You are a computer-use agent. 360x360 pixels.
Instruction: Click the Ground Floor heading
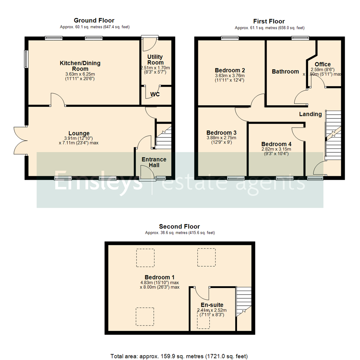[x=94, y=21]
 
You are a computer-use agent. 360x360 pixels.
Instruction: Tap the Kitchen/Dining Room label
[x=80, y=66]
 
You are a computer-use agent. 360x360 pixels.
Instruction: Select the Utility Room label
[x=155, y=60]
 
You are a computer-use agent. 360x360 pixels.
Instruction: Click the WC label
[x=155, y=94]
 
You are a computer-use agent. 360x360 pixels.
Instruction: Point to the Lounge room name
[x=79, y=134]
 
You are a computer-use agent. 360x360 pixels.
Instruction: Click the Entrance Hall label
[x=154, y=162]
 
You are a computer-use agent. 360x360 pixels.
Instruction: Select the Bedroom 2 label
[x=230, y=70]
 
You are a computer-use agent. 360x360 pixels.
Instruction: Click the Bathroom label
[x=285, y=71]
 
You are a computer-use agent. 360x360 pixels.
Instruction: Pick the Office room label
[x=322, y=64]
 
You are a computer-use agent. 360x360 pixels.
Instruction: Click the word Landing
[x=310, y=114]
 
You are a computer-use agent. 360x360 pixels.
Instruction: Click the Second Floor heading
[x=180, y=227]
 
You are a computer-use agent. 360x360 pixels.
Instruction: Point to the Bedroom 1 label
[x=159, y=277]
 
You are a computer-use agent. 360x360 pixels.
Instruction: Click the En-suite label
[x=212, y=305]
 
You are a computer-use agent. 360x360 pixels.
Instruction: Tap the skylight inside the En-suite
[x=203, y=321]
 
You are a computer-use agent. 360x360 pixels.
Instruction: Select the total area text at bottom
[x=179, y=356]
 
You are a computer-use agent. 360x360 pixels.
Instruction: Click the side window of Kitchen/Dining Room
[x=25, y=59]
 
